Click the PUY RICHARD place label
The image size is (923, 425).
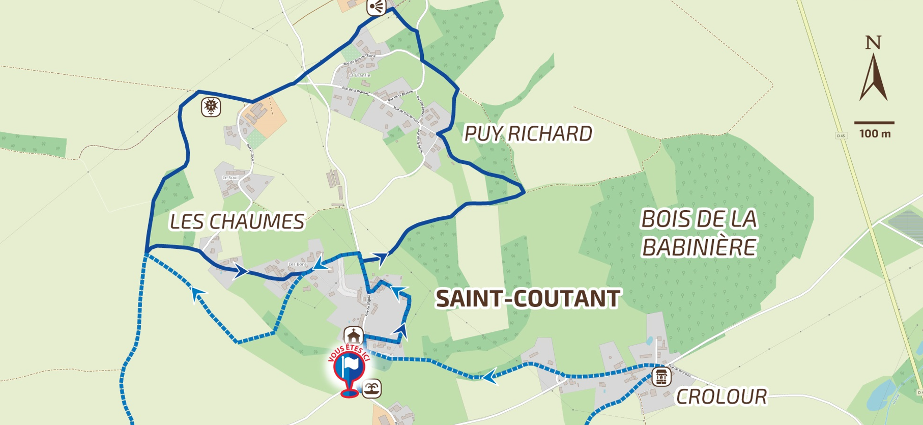click(x=528, y=134)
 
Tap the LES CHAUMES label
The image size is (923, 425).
click(x=237, y=222)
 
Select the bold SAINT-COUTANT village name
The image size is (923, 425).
click(x=528, y=299)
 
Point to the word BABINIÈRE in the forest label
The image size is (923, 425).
click(x=699, y=248)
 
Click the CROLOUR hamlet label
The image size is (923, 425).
click(x=721, y=397)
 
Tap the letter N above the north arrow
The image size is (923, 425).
click(x=873, y=43)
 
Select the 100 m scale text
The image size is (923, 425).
click(x=875, y=134)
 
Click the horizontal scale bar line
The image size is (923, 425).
click(x=874, y=123)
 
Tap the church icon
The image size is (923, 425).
click(x=353, y=336)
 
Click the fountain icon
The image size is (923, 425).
click(x=372, y=389)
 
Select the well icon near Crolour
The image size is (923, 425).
click(x=661, y=377)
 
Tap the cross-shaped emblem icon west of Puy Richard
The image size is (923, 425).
click(x=211, y=107)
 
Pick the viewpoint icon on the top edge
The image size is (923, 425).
click(x=377, y=7)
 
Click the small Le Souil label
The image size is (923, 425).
click(x=230, y=178)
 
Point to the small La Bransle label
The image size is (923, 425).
click(x=360, y=75)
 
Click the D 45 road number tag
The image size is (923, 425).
click(x=841, y=135)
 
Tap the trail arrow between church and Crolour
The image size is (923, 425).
click(x=489, y=377)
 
